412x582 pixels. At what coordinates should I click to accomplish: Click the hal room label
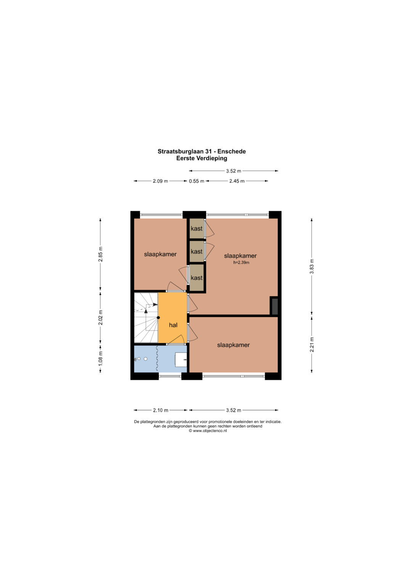173,325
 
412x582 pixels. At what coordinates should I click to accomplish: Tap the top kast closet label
196,229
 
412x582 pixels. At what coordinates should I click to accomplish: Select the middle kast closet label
196,252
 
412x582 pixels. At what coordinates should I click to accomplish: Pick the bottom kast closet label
196,278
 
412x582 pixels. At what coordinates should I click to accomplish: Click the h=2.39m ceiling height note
241,263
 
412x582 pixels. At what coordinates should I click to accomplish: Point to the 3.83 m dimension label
312,266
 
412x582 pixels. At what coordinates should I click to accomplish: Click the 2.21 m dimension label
312,345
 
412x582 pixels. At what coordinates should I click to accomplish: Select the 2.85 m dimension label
101,254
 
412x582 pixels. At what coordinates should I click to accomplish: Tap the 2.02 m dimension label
101,317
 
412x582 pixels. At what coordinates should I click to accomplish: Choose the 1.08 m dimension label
101,359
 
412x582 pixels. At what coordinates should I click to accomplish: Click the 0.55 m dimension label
196,181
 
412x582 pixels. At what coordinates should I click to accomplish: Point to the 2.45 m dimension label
237,181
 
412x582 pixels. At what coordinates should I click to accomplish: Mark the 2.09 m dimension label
160,181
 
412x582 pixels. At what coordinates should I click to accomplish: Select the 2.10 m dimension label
161,410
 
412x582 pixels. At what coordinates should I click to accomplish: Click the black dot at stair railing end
158,317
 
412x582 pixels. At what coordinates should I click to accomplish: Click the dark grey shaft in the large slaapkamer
275,306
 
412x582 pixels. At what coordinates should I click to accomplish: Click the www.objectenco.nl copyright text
208,431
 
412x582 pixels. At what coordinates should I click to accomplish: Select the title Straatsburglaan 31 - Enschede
201,151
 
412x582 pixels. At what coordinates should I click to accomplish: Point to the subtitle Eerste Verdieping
201,158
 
